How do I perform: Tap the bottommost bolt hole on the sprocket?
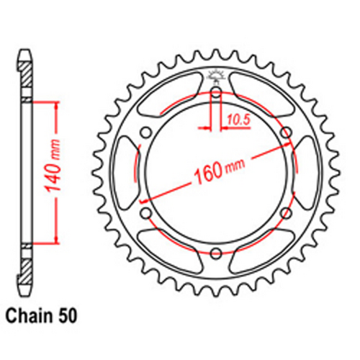[215, 252]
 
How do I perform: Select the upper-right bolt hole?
[286, 132]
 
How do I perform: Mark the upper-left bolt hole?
[145, 132]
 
